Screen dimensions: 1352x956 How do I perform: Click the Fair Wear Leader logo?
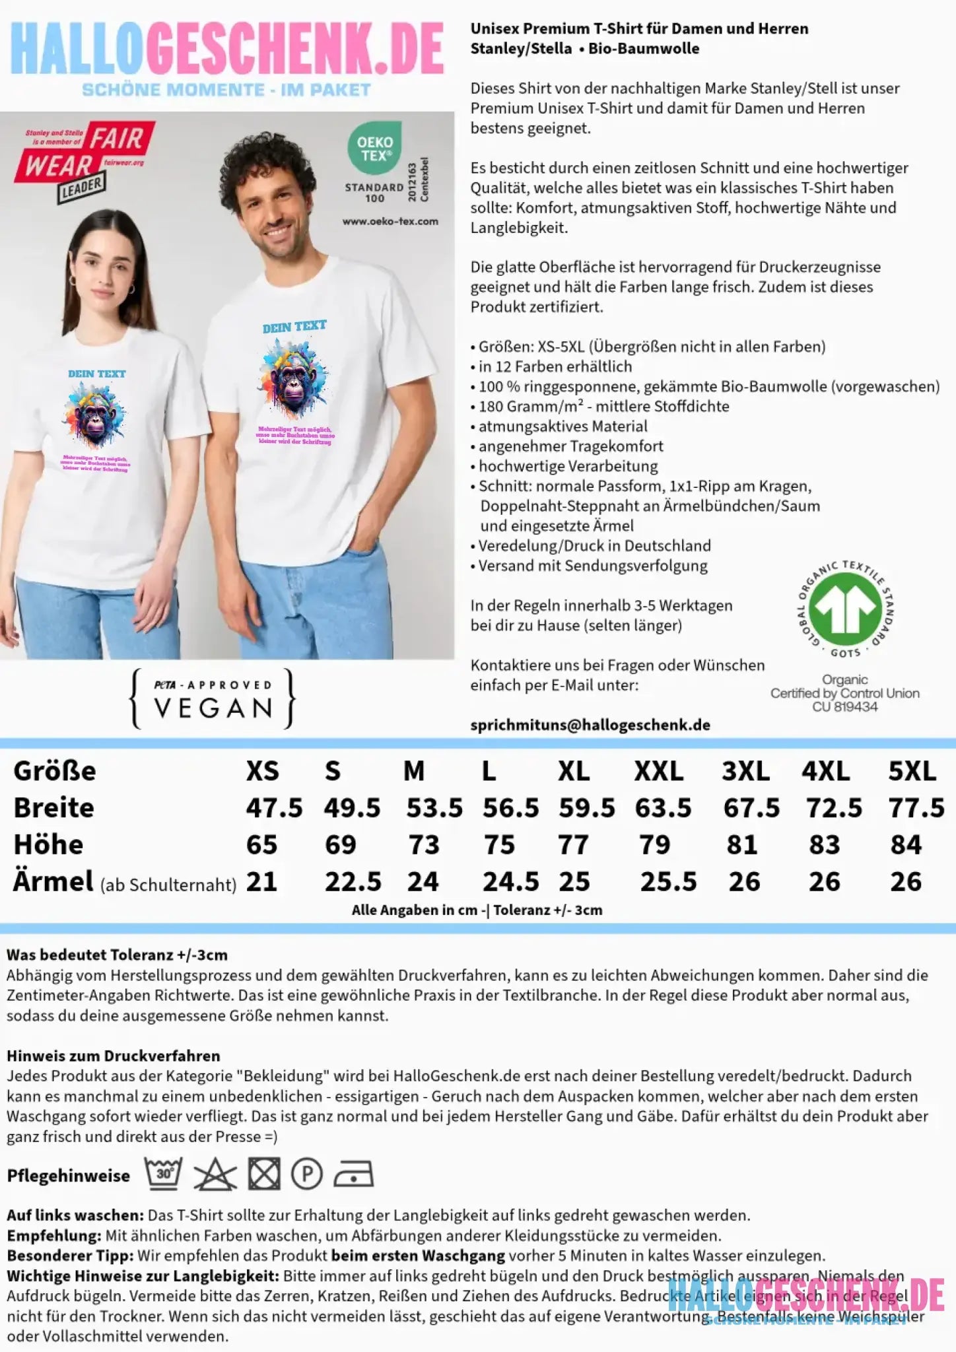(x=85, y=161)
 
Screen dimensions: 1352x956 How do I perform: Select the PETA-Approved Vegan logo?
(x=213, y=699)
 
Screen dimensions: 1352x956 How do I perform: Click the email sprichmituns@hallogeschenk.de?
(x=590, y=725)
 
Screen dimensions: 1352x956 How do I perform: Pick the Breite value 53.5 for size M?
(x=434, y=808)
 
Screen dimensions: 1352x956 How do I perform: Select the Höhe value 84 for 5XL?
(x=905, y=845)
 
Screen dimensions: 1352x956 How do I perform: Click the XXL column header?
(x=658, y=771)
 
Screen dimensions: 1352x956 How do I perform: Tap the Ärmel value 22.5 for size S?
(x=353, y=882)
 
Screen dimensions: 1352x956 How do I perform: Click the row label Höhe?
(x=48, y=845)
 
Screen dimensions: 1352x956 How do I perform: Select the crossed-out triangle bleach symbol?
(x=215, y=1175)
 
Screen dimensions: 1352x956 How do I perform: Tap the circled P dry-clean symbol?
(x=307, y=1174)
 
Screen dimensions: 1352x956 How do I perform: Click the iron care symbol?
(x=353, y=1175)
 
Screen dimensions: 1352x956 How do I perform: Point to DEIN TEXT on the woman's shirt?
(x=96, y=374)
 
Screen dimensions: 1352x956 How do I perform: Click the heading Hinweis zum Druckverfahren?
(x=113, y=1056)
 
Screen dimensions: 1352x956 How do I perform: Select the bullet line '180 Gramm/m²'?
(x=603, y=407)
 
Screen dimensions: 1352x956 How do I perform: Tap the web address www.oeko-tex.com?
(x=390, y=221)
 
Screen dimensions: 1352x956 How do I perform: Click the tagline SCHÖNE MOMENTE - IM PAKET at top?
(x=226, y=90)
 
